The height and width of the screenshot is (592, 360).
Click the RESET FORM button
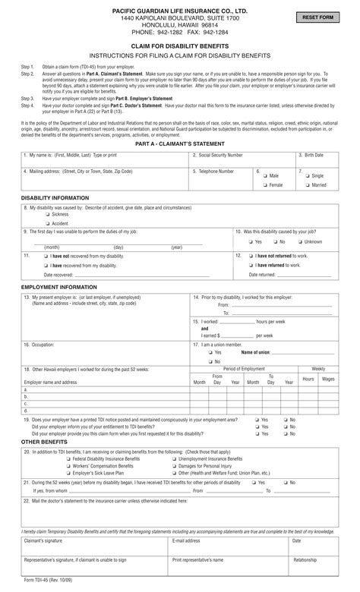point(317,17)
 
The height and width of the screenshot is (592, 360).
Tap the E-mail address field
point(229,547)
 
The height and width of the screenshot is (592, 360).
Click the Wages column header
point(328,378)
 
